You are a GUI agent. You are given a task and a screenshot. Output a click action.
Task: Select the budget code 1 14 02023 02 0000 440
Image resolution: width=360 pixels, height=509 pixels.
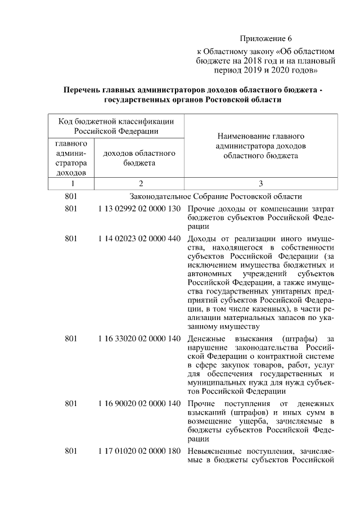[139, 238]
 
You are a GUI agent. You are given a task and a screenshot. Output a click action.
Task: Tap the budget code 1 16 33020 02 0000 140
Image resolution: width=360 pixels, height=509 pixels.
[139, 339]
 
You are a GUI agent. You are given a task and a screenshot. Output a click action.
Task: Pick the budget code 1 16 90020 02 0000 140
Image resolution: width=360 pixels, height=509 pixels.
[139, 403]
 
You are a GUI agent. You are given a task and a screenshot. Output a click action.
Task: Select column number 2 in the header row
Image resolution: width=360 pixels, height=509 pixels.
[141, 183]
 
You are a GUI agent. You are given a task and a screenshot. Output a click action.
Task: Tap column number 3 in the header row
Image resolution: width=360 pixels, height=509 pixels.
[260, 183]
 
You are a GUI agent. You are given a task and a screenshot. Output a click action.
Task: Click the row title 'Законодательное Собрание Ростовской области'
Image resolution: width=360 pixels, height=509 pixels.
[216, 196]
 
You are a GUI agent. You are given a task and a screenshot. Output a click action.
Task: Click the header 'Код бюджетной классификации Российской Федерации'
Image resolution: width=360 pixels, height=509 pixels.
[117, 126]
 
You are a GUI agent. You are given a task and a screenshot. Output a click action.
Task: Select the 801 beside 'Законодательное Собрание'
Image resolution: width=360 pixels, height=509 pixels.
[71, 196]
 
